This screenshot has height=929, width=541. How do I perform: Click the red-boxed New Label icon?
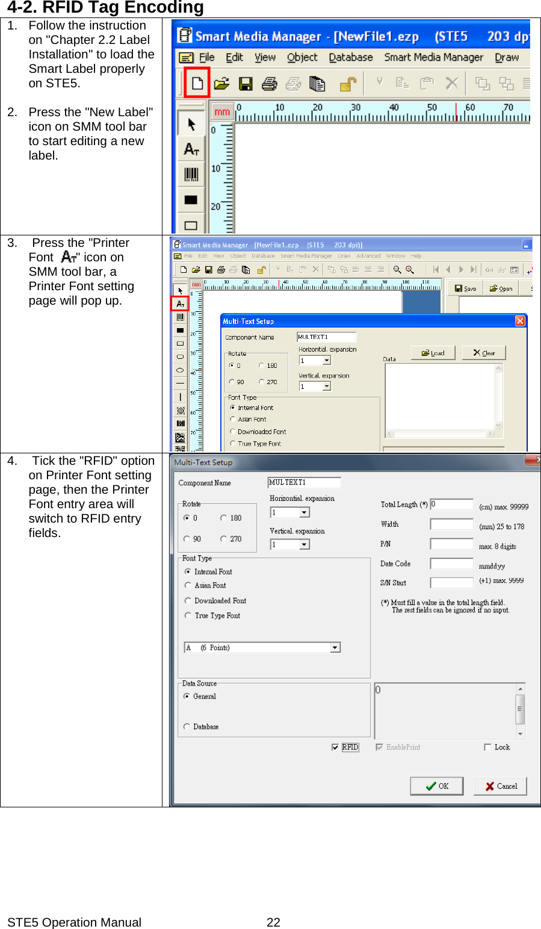[x=197, y=83]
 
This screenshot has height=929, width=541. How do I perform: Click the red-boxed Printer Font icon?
[x=180, y=304]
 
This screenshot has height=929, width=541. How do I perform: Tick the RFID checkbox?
[x=335, y=747]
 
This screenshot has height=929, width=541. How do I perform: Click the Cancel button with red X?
[x=500, y=786]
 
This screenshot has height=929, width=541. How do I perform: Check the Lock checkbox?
[x=487, y=747]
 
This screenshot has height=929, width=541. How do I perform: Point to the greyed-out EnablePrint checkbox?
[x=379, y=747]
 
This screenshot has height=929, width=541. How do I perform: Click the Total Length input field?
[x=451, y=505]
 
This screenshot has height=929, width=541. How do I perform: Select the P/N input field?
[x=451, y=544]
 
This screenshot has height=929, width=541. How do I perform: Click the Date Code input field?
[x=451, y=564]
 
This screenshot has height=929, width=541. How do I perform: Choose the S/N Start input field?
[x=451, y=583]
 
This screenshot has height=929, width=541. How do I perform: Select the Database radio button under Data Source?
[x=187, y=727]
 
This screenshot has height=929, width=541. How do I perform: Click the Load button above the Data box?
[x=433, y=353]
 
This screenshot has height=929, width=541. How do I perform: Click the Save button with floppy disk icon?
[x=465, y=288]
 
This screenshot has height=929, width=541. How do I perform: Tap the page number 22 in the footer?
[x=273, y=922]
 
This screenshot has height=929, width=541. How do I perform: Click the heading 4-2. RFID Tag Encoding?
[x=105, y=8]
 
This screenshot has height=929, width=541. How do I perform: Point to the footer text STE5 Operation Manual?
[x=74, y=922]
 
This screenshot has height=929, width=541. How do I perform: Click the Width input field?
[x=451, y=524]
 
